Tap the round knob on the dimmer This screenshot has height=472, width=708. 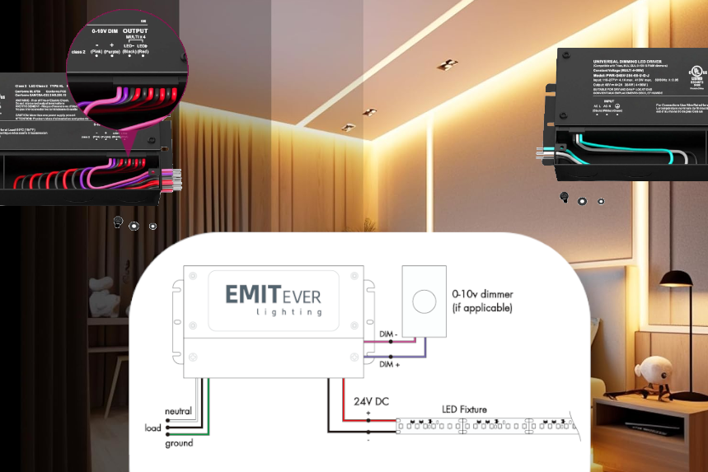[x=424, y=301]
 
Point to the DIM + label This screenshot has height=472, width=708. [x=389, y=364]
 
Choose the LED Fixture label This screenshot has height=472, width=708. [x=463, y=409]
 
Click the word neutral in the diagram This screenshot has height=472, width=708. [x=178, y=411]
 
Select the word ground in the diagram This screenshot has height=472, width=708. [x=178, y=443]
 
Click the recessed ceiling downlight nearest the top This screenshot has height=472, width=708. [x=449, y=63]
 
